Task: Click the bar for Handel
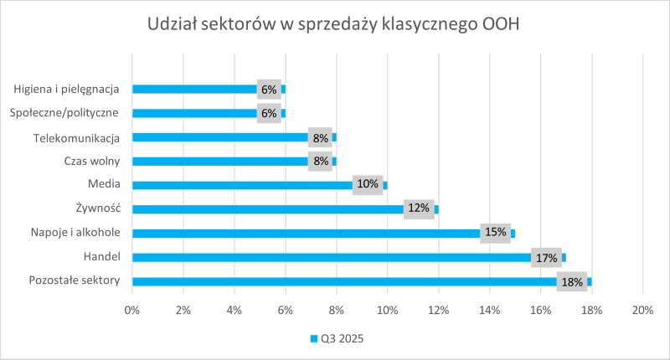349,258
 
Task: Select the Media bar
260,185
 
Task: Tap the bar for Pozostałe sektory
362,282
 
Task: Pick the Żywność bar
286,209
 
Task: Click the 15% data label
495,232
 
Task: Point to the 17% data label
547,258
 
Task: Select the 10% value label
368,184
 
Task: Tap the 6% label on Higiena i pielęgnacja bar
269,90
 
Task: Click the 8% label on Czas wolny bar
321,161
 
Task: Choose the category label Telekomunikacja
76,138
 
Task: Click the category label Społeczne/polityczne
64,113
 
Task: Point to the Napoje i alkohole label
75,232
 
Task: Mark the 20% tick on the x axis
642,311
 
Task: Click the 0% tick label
132,311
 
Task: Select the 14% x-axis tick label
490,311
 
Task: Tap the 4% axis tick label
234,311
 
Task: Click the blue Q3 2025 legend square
313,338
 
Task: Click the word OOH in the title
501,24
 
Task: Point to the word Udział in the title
172,24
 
